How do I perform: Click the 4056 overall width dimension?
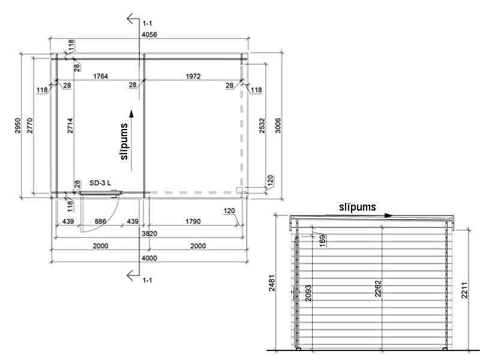(x=149, y=35)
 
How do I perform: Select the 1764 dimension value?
(x=100, y=76)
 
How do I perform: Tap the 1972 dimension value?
(x=193, y=76)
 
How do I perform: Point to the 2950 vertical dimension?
(x=18, y=125)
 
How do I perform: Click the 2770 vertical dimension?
(x=29, y=125)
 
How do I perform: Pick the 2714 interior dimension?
(x=70, y=125)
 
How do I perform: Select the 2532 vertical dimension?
(x=262, y=125)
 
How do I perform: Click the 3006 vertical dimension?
(x=278, y=125)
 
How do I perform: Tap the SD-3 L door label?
(x=100, y=183)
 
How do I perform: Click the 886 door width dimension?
(x=100, y=221)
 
